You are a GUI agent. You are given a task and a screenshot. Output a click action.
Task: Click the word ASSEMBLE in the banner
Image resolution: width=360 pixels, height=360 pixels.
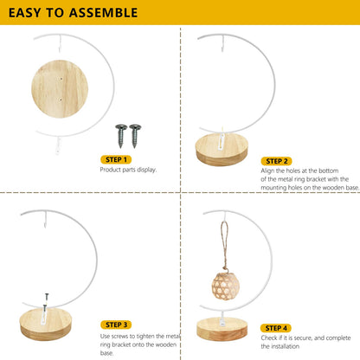pyautogui.click(x=103, y=13)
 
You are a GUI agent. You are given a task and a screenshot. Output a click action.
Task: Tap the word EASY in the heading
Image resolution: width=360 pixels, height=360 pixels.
pyautogui.click(x=25, y=13)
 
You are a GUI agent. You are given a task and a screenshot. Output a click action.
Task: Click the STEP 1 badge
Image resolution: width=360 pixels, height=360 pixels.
pyautogui.click(x=116, y=159)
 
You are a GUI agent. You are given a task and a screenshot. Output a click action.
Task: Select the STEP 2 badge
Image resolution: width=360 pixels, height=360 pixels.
pyautogui.click(x=277, y=161)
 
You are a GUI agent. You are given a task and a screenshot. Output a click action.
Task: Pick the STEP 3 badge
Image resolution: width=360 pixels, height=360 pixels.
pyautogui.click(x=116, y=325)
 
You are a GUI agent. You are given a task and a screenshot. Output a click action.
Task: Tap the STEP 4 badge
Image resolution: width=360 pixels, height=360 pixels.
pyautogui.click(x=276, y=328)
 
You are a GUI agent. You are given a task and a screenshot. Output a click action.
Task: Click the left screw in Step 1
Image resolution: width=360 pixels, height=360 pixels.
pyautogui.click(x=121, y=136)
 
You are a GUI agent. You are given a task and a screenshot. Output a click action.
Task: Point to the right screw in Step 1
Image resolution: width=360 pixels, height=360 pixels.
pyautogui.click(x=135, y=136)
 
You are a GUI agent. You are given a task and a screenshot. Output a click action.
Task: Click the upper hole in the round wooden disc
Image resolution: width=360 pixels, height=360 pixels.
pyautogui.click(x=61, y=78)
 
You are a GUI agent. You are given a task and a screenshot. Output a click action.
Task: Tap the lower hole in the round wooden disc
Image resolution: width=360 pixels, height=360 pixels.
pyautogui.click(x=61, y=100)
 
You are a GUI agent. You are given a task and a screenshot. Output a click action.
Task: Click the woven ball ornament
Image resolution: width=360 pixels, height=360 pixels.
pyautogui.click(x=226, y=286)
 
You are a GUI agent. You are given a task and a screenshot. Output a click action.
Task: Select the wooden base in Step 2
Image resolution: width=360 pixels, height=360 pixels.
pyautogui.click(x=222, y=150)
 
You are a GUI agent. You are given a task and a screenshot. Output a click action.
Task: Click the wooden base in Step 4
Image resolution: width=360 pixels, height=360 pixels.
pyautogui.click(x=222, y=329)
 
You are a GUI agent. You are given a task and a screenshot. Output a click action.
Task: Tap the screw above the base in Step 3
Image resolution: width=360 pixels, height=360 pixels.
pyautogui.click(x=47, y=297)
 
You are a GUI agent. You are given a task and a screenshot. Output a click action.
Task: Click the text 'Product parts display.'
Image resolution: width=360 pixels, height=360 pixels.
pyautogui.click(x=128, y=170)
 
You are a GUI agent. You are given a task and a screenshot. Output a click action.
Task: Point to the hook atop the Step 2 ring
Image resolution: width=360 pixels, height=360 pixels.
pyautogui.click(x=222, y=43)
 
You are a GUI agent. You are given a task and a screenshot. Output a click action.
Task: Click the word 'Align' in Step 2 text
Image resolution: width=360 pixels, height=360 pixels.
pyautogui.click(x=267, y=170)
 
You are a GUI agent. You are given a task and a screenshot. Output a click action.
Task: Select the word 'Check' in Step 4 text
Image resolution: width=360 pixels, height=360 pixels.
pyautogui.click(x=270, y=337)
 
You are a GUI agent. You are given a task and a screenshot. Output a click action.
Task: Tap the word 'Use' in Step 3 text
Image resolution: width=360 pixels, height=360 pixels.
pyautogui.click(x=105, y=336)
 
